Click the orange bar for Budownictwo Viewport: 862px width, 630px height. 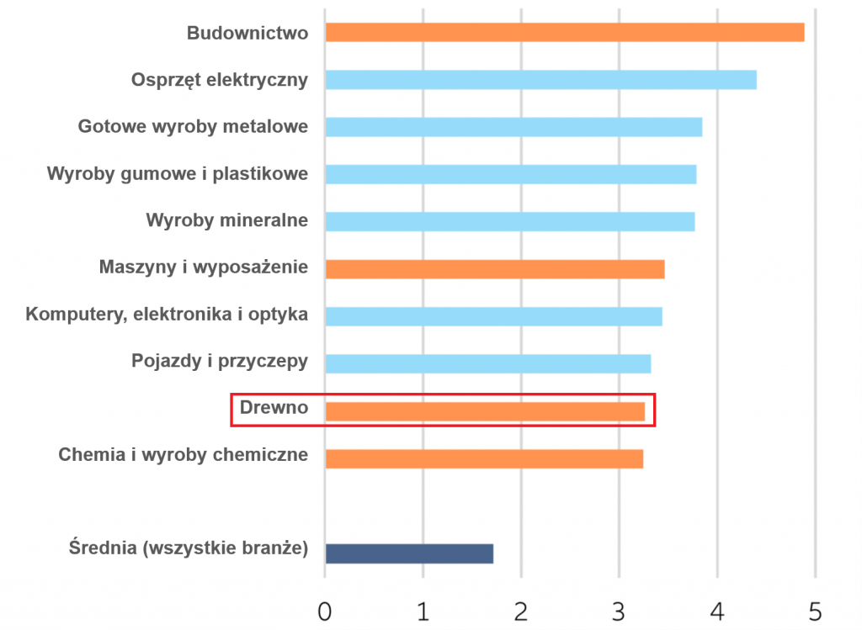(564, 33)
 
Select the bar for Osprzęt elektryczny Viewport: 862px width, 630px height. (540, 80)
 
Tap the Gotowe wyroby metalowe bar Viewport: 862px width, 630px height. (513, 127)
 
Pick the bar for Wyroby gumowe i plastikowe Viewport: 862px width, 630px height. (510, 174)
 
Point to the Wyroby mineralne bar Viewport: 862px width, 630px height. (509, 221)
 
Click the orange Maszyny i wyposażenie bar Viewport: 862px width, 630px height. (494, 269)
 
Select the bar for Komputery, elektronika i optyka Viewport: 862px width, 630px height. (493, 316)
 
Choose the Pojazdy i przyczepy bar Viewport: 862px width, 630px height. (487, 363)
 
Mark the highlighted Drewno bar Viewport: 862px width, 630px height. (484, 411)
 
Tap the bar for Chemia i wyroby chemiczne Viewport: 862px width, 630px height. (483, 458)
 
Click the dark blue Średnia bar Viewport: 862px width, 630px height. (408, 553)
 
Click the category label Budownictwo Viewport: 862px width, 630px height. (247, 33)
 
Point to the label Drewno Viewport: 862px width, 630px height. (274, 408)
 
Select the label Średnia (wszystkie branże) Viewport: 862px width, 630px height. (188, 549)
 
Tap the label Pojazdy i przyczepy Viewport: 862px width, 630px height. (219, 361)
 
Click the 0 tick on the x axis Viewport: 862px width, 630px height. (325, 611)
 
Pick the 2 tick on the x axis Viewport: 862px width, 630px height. (521, 611)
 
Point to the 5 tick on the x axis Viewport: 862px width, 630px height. (815, 611)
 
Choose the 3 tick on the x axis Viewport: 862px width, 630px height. (619, 611)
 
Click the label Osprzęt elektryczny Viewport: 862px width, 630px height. (219, 80)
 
